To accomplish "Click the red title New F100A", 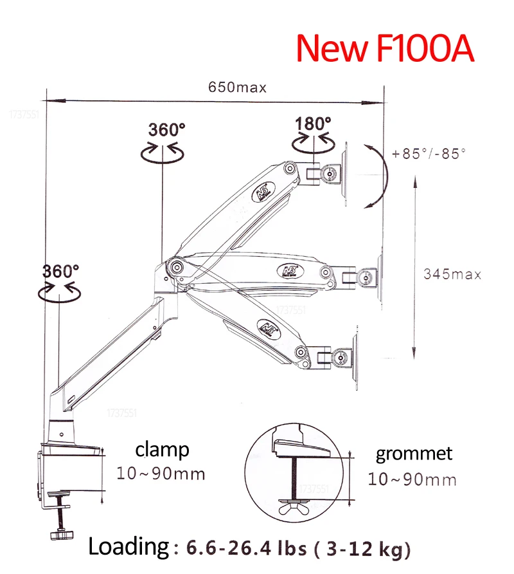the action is [x=385, y=48].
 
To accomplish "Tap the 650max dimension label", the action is [x=237, y=88].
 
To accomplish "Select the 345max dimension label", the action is [x=452, y=274].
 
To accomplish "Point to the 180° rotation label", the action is [x=313, y=124].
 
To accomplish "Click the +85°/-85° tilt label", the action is [x=429, y=153].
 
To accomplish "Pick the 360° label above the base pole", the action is [x=60, y=272].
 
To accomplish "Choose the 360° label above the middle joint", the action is [x=166, y=129].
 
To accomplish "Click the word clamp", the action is [x=163, y=450].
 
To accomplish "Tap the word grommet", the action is [x=414, y=454].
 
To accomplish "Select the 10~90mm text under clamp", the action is [x=161, y=474].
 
